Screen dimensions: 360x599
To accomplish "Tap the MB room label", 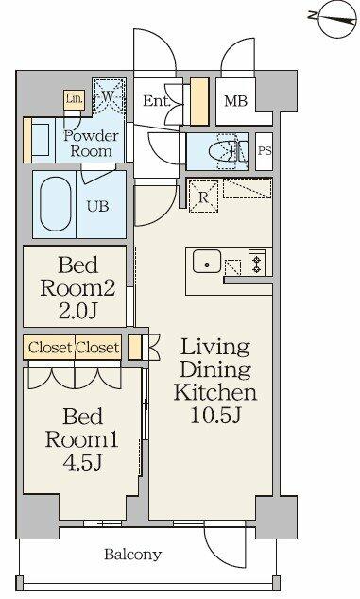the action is [x=236, y=101].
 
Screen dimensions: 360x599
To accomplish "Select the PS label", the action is [x=265, y=150].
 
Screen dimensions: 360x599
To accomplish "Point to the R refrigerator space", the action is [x=204, y=197].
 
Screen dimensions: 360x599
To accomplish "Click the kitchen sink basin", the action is [x=207, y=262].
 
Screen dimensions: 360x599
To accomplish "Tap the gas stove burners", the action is [x=256, y=262].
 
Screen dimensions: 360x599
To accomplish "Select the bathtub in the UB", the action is [x=56, y=204].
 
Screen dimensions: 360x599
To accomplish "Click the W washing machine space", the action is [x=109, y=95].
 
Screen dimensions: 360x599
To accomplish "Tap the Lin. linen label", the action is [x=74, y=98].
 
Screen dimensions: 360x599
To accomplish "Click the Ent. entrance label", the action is [x=156, y=101].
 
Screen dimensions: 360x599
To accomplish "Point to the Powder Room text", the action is [x=91, y=144].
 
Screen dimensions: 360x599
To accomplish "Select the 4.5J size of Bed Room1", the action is [x=82, y=463].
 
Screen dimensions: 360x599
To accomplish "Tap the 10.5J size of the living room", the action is [x=215, y=416].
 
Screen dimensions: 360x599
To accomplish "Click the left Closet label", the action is [x=50, y=348].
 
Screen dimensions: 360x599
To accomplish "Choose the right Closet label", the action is [x=97, y=348].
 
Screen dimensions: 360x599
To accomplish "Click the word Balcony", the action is [x=133, y=555].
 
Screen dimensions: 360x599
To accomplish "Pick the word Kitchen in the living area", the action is [x=215, y=392].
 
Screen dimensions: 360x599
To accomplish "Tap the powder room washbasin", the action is [x=40, y=140].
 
